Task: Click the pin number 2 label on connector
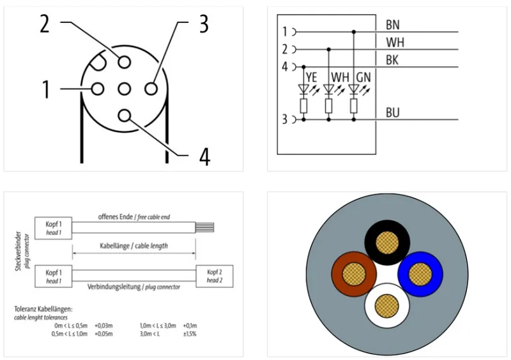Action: (45, 24)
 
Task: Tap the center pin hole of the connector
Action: (124, 89)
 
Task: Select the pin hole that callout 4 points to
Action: (124, 116)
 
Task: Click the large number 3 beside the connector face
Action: (204, 24)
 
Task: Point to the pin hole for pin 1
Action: (98, 89)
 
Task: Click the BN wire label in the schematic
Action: (392, 25)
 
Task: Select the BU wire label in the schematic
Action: (392, 113)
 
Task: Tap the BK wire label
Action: (392, 60)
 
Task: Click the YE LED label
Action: (311, 77)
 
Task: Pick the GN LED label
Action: (363, 77)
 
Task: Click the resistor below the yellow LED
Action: (303, 106)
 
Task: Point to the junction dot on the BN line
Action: (354, 32)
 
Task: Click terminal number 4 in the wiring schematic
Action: (285, 67)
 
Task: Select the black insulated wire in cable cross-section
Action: (387, 243)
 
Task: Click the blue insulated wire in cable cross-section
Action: (420, 274)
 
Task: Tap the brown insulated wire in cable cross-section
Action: (354, 274)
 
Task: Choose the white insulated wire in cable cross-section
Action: (387, 306)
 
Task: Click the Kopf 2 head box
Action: (215, 276)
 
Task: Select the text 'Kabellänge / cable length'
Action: (133, 246)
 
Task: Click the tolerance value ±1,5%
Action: (190, 334)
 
